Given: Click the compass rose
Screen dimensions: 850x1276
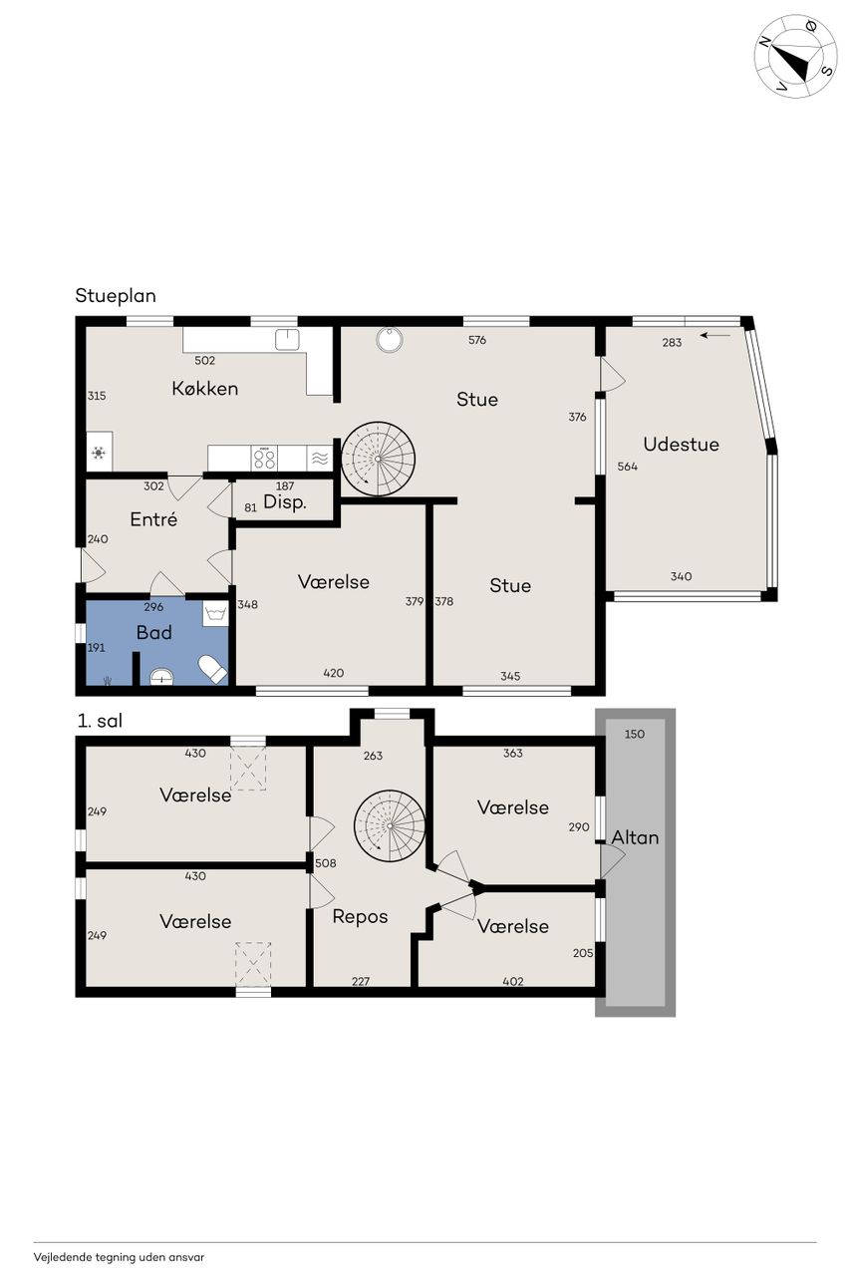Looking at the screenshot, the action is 795,57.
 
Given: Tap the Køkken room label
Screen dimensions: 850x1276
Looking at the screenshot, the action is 205,389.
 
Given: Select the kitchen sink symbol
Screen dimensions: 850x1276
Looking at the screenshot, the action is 287,340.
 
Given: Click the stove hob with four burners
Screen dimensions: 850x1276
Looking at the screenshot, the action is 264,458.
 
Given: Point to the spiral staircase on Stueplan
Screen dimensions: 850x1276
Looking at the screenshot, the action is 378,459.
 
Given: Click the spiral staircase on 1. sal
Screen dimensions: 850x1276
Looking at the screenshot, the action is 390,825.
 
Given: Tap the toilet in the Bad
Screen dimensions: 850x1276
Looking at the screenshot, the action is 212,669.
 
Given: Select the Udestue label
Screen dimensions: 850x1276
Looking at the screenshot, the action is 681,445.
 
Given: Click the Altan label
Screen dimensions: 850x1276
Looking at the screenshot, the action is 635,837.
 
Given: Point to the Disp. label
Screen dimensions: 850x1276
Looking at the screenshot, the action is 285,502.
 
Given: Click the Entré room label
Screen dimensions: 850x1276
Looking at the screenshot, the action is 153,519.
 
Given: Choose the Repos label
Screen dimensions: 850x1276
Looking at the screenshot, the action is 360,917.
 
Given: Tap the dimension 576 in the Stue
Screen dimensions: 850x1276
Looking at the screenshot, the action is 477,340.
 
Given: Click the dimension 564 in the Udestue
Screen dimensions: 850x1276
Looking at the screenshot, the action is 628,467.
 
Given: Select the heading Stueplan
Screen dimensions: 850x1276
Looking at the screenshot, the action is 116,296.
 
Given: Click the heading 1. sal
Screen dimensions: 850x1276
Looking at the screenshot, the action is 100,721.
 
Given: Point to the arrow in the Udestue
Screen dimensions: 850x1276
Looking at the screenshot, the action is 715,336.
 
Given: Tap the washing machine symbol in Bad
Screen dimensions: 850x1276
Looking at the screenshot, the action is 215,614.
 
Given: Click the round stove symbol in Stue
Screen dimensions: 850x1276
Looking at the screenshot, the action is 390,340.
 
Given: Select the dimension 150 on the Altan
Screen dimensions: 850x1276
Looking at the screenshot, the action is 634,735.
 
